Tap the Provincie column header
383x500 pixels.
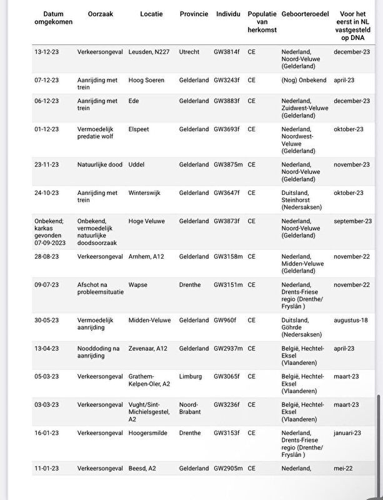(194, 14)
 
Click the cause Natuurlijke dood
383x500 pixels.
(100, 164)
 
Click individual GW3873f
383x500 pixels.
(226, 221)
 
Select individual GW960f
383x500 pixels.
(224, 320)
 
